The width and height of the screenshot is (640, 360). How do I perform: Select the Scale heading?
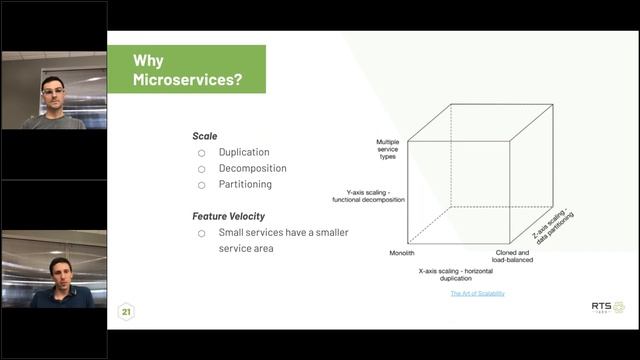tap(204, 136)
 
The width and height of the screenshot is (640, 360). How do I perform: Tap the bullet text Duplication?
tap(244, 152)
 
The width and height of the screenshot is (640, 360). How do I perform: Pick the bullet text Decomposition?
tap(252, 168)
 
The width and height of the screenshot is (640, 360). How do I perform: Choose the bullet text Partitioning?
tap(245, 184)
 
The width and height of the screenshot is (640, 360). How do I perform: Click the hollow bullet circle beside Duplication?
tap(201, 153)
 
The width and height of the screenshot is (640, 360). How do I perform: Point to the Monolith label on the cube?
tap(402, 253)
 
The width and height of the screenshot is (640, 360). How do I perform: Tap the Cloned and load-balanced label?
tap(514, 256)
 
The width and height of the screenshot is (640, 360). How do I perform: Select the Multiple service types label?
tap(388, 150)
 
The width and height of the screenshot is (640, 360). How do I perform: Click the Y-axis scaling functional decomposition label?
tap(369, 196)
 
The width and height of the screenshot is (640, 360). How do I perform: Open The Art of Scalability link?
tap(477, 293)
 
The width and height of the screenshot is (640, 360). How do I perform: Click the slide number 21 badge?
tap(127, 312)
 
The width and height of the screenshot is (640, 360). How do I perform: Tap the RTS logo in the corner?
tap(606, 306)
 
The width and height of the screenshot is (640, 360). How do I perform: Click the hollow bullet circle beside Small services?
tap(201, 233)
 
